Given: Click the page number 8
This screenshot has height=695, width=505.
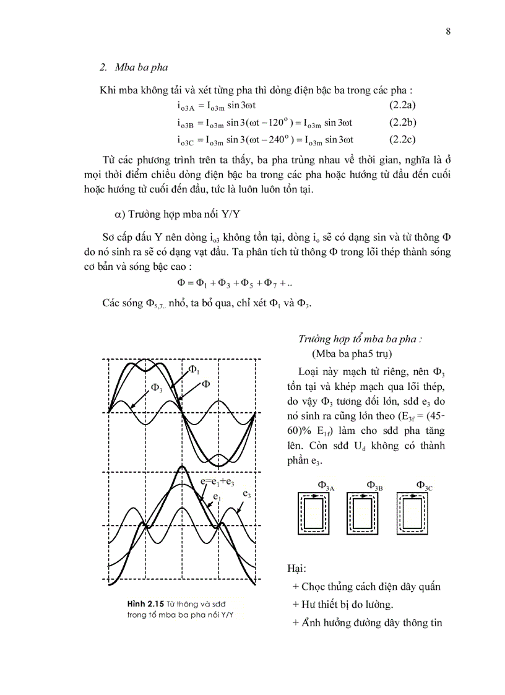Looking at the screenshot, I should click(x=448, y=32).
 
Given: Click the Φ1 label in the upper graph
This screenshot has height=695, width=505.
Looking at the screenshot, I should click(x=194, y=370).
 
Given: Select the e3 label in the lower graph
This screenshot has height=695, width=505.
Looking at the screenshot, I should click(x=246, y=494).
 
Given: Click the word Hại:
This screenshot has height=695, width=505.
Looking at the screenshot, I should click(x=297, y=569).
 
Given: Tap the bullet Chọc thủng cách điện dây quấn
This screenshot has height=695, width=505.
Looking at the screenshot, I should click(x=366, y=587).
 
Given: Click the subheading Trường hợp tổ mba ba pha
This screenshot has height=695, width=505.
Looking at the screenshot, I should click(x=360, y=339).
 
